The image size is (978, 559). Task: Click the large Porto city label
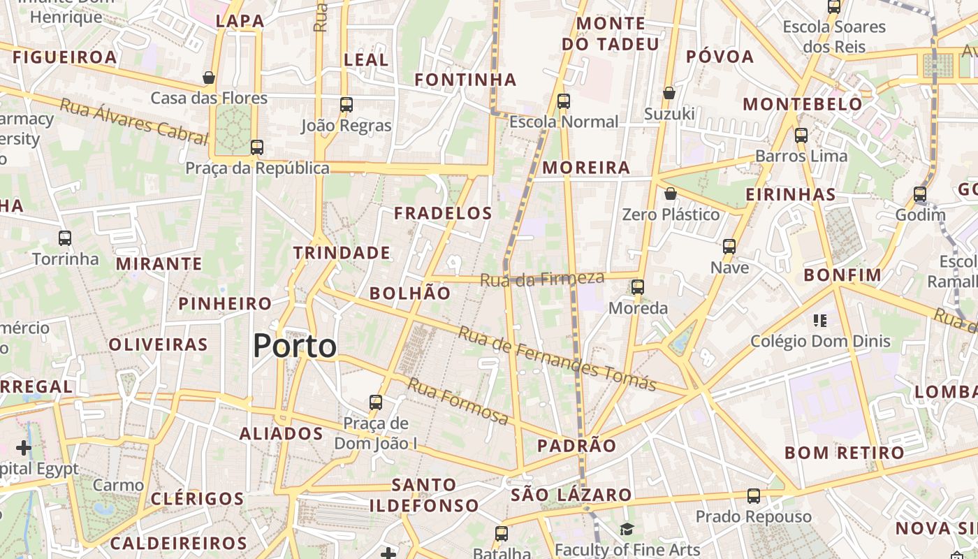[x=294, y=346]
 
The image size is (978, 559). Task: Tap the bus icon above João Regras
[x=346, y=105]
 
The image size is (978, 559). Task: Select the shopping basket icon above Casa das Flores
[x=208, y=77]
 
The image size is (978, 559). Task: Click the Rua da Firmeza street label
[x=541, y=279]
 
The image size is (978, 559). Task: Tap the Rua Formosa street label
[x=458, y=402]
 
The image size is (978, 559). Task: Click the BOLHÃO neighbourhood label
[x=410, y=293]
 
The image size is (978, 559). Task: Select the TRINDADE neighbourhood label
[x=342, y=253]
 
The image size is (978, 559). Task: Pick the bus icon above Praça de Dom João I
[x=376, y=402]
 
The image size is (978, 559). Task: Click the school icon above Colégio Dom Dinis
[x=820, y=321]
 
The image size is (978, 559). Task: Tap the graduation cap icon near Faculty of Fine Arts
[x=627, y=530]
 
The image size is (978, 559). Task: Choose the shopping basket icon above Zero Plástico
[x=671, y=193]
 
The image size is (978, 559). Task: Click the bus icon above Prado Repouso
[x=753, y=496]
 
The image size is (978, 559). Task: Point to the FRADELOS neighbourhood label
[x=443, y=213]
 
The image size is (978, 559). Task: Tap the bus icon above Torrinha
[x=65, y=238]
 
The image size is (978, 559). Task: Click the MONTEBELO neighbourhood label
[x=803, y=105]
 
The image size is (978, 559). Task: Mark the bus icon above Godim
[x=920, y=194]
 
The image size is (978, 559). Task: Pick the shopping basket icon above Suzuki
[x=669, y=92]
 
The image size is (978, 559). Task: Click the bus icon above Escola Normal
[x=564, y=101]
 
